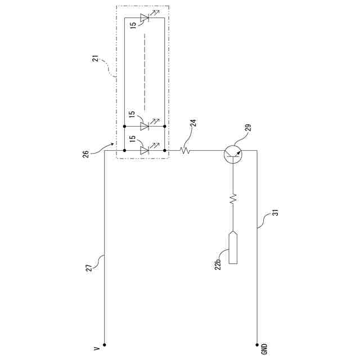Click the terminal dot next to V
point(105,344)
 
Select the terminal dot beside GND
point(258,344)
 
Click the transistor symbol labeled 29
point(233,151)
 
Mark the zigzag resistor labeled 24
point(184,150)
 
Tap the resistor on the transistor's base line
point(233,199)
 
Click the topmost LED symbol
point(144,19)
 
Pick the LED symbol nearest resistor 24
point(144,150)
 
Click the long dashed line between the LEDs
point(145,73)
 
